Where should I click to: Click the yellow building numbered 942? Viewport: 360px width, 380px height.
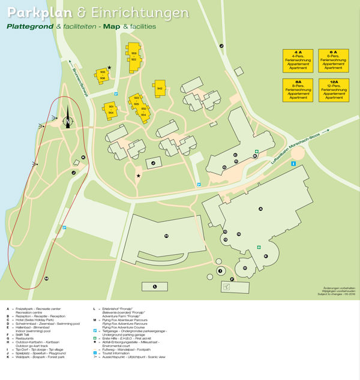(x=160, y=89)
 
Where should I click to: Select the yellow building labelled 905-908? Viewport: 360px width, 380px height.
(x=102, y=75)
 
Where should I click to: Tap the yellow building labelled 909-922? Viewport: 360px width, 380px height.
(x=133, y=56)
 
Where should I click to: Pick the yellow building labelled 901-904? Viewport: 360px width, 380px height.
(x=111, y=110)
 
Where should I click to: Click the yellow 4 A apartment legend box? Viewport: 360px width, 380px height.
(x=298, y=61)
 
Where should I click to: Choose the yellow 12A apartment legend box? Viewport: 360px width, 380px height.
(x=333, y=91)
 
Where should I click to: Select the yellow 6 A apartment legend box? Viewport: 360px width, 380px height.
(x=333, y=61)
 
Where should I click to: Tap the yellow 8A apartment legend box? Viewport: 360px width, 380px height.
(x=298, y=91)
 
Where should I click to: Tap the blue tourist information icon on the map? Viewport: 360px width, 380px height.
(x=293, y=164)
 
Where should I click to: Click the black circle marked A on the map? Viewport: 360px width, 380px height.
(x=261, y=209)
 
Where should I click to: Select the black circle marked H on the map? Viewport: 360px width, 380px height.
(x=166, y=236)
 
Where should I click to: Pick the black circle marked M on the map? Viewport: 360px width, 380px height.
(x=46, y=279)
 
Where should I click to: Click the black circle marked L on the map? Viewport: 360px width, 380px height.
(x=155, y=287)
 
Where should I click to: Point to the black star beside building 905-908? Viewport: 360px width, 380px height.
(x=109, y=68)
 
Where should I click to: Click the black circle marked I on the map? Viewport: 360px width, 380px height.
(x=220, y=272)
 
